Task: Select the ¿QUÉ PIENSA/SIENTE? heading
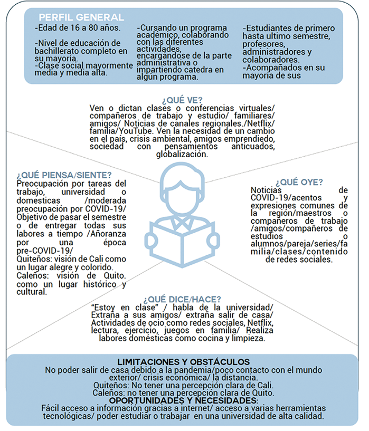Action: (x=64, y=175)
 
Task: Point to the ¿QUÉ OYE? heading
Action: (x=299, y=183)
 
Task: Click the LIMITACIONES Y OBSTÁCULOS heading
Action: (x=184, y=362)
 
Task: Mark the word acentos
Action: (x=310, y=198)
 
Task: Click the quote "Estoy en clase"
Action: (x=120, y=308)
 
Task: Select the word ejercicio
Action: (x=148, y=331)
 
